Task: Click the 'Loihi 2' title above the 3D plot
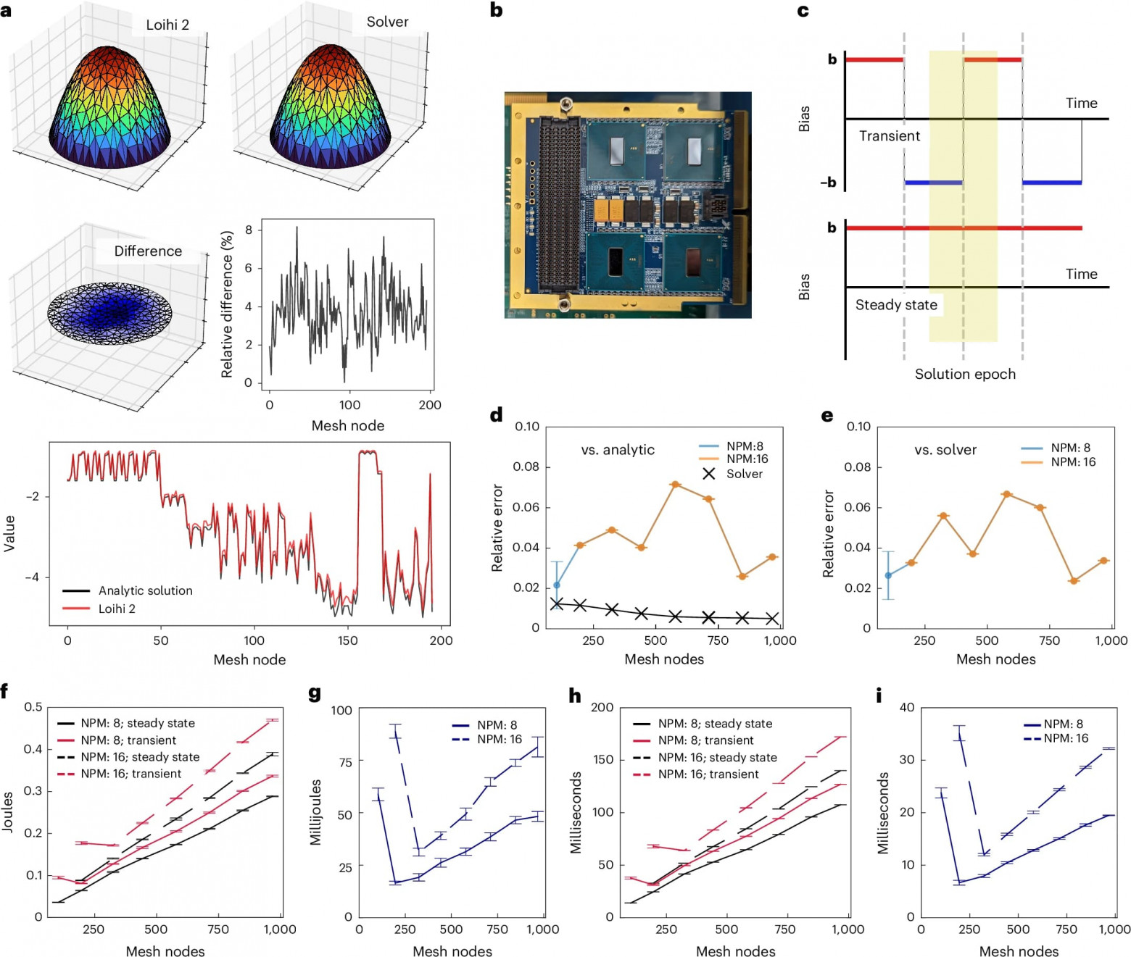tap(167, 25)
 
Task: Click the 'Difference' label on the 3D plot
tap(148, 251)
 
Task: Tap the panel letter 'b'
tap(497, 10)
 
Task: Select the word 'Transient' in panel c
tap(889, 136)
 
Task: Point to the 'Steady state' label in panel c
tap(896, 305)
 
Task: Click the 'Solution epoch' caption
tap(965, 374)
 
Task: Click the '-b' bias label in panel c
tap(828, 183)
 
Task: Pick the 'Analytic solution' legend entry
tap(145, 590)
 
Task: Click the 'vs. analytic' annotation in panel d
tap(618, 450)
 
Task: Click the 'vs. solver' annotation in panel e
tap(945, 450)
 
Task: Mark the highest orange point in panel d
tap(675, 484)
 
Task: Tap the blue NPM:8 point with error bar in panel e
tap(888, 575)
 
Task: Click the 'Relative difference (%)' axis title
tap(227, 304)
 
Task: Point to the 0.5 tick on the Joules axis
tap(33, 707)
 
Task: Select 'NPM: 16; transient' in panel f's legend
tap(130, 774)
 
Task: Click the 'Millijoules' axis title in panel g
tap(315, 812)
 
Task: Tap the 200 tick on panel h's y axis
tap(602, 708)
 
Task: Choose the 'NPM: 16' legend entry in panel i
tap(1066, 738)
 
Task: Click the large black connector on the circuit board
tap(559, 203)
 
